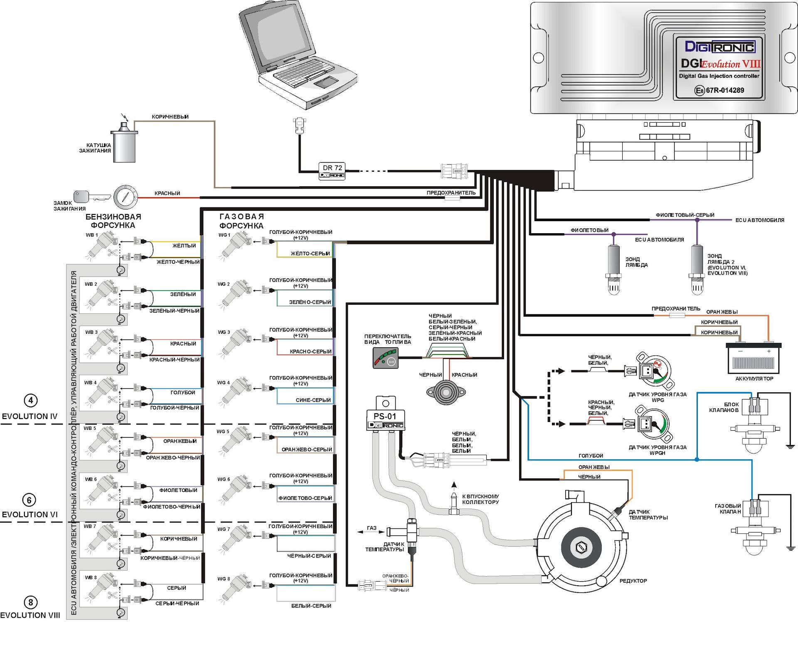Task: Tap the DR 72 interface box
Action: pyautogui.click(x=332, y=170)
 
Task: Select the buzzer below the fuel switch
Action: pyautogui.click(x=446, y=392)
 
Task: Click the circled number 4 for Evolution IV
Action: pyautogui.click(x=30, y=401)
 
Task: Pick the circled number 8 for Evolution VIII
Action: pyautogui.click(x=30, y=602)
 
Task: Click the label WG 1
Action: pyautogui.click(x=224, y=235)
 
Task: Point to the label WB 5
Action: pyautogui.click(x=90, y=428)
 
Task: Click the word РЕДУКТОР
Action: pyautogui.click(x=633, y=581)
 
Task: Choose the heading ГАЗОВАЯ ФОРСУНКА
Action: pyautogui.click(x=241, y=221)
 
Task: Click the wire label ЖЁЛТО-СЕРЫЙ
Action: pyautogui.click(x=310, y=254)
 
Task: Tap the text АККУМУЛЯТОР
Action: pyautogui.click(x=754, y=379)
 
